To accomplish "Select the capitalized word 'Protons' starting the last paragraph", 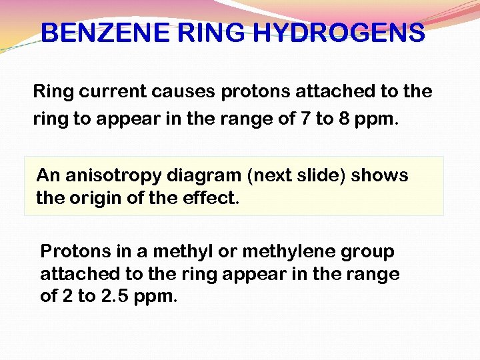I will coord(76,252).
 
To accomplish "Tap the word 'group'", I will coord(369,252).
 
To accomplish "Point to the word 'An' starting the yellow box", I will coord(49,176).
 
